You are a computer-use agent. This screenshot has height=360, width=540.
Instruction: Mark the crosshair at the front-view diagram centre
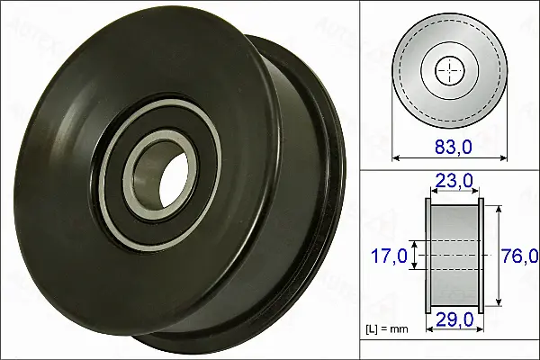[449, 71]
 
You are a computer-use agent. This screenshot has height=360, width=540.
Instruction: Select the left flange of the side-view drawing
[428, 256]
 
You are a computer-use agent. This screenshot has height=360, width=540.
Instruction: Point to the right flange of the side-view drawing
[481, 256]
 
